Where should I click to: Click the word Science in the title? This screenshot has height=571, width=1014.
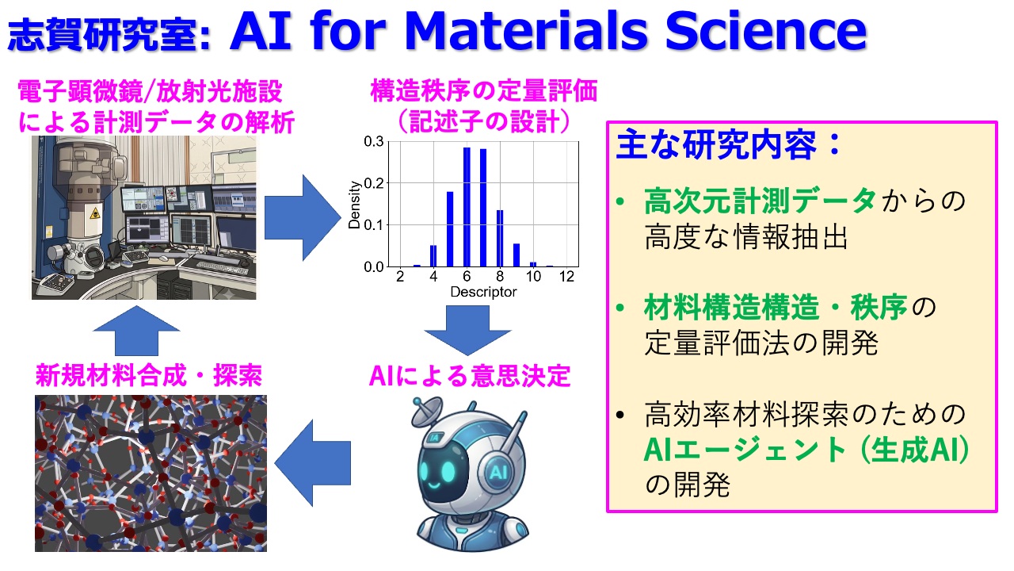coord(766,30)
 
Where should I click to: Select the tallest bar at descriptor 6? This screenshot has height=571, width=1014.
coord(467,207)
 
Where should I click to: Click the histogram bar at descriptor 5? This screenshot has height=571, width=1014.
coord(450,229)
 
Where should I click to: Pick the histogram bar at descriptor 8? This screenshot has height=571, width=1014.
coord(500,238)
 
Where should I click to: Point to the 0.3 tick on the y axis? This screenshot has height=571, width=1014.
coord(373,141)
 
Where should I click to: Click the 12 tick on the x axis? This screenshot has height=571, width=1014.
coord(566,277)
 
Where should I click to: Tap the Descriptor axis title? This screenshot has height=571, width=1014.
coord(483,292)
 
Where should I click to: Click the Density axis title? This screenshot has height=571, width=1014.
coord(354,205)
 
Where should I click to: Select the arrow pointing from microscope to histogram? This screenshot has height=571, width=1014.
coord(303,217)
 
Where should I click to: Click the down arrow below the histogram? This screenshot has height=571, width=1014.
coord(467,331)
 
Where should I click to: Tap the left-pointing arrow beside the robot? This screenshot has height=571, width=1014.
coord(313,462)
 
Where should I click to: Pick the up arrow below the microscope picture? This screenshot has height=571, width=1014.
coord(136,331)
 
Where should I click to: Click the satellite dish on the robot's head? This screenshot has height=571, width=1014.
coord(426,411)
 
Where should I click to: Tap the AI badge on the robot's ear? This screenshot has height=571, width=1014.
coord(498,473)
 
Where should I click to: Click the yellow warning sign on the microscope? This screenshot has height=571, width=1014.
coord(94,213)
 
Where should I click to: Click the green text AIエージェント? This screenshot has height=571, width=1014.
coord(744,450)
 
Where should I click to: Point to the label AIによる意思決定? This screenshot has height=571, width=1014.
coord(470,376)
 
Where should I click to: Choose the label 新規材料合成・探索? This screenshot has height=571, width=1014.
coord(149,375)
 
